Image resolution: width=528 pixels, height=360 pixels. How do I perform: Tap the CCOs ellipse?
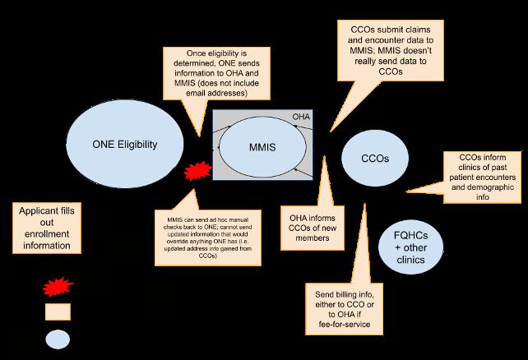[x=374, y=156]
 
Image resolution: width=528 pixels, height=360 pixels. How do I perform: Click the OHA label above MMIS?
[x=302, y=118]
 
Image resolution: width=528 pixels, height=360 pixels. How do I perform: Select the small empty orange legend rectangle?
[x=57, y=312]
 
